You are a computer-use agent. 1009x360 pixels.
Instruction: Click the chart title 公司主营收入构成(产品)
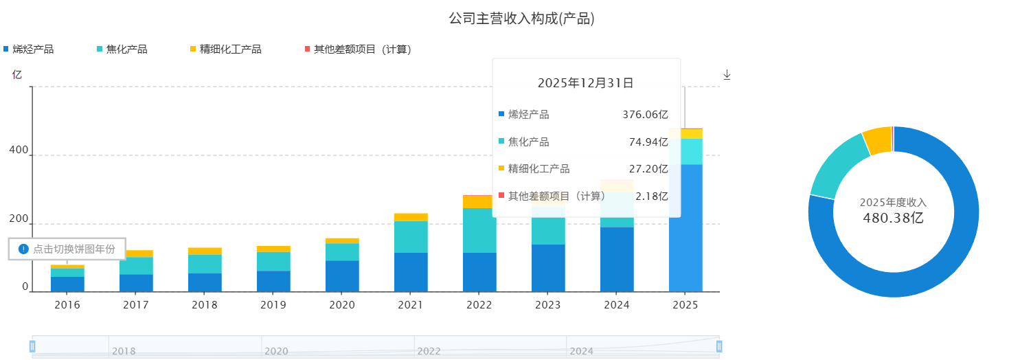point(521,19)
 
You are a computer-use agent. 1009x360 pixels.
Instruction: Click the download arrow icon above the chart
point(727,74)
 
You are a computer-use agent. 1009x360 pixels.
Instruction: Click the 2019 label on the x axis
point(273,304)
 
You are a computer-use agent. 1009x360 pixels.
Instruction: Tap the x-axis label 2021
point(411,304)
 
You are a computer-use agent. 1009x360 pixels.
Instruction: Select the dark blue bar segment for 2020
point(342,275)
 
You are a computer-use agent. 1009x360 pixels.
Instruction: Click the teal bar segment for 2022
point(479,230)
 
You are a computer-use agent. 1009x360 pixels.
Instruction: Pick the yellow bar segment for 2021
point(411,217)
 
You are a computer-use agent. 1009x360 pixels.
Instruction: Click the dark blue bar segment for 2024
point(617,259)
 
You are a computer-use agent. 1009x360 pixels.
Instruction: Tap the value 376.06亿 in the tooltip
point(645,115)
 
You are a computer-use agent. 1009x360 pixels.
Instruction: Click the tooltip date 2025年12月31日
point(585,83)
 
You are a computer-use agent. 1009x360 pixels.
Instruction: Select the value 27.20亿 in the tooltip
point(648,169)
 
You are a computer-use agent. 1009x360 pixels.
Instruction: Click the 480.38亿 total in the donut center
point(893,218)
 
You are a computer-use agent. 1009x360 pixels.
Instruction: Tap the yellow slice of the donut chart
point(876,140)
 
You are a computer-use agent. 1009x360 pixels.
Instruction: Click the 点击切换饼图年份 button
point(67,249)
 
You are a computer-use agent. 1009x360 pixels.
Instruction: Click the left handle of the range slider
point(32,346)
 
